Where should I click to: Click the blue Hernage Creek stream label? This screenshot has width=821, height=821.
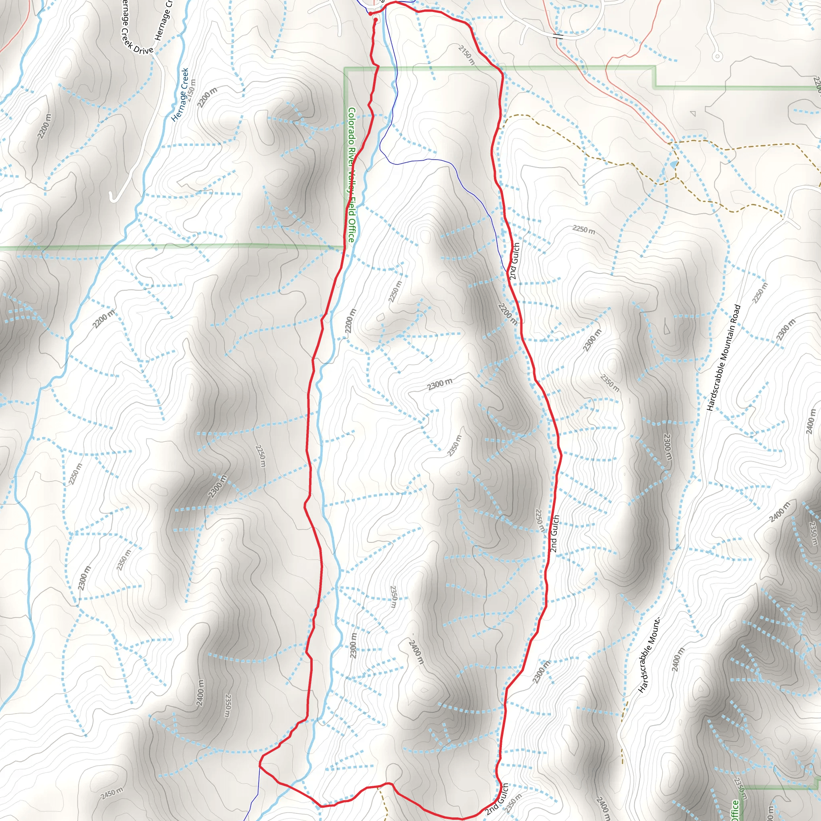(180, 94)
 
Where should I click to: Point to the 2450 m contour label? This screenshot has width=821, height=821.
(112, 793)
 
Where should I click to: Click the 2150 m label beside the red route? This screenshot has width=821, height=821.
(466, 55)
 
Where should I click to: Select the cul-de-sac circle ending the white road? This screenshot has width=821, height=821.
(717, 56)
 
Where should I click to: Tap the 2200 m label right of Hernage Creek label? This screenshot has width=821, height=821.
(207, 97)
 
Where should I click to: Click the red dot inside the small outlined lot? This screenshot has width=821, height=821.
(376, 20)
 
